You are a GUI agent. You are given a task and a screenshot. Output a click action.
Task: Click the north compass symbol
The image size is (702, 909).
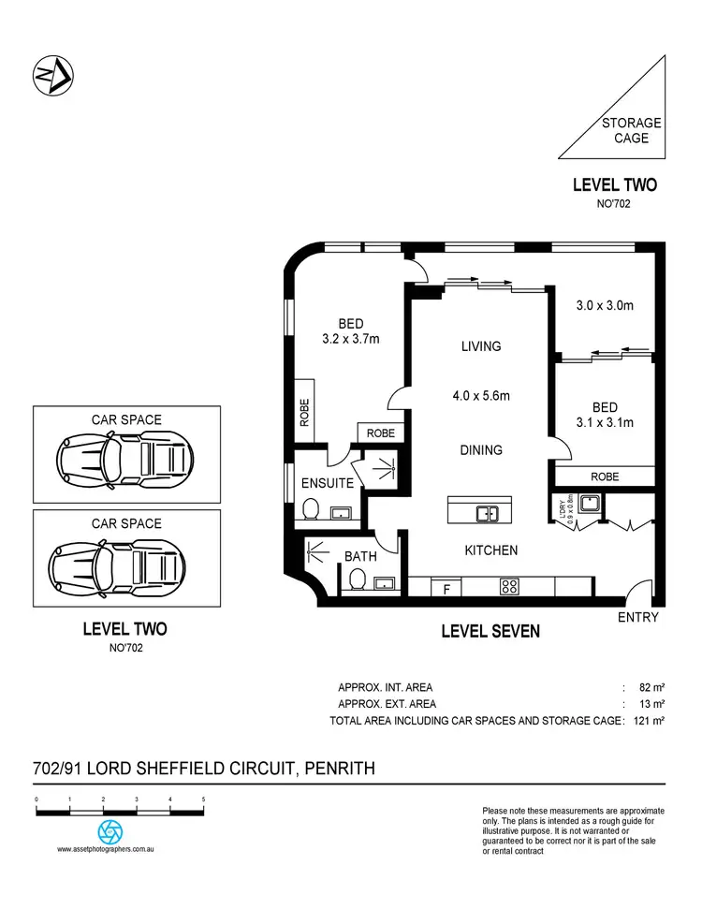coord(53,76)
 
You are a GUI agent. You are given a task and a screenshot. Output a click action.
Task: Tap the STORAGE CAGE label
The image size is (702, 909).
coord(631,130)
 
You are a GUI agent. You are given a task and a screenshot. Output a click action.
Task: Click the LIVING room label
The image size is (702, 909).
coord(481,346)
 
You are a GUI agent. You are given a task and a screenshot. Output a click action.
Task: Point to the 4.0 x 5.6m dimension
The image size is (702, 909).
coord(481,396)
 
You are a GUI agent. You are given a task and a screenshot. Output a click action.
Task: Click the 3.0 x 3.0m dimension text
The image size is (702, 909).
coord(604,304)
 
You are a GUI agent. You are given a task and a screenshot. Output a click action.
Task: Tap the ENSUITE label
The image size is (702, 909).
coord(327,484)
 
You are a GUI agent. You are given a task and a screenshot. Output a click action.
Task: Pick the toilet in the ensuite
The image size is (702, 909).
coord(314,510)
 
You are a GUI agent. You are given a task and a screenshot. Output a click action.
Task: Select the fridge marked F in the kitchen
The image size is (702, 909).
coord(446,588)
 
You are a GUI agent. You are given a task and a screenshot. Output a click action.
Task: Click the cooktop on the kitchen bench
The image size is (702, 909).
coord(510,588)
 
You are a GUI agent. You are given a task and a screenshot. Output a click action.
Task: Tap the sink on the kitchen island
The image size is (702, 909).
coord(487,513)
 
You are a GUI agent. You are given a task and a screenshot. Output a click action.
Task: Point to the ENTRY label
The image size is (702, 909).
coord(638,618)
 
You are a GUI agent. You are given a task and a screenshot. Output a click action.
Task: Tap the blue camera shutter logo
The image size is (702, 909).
coord(110,831)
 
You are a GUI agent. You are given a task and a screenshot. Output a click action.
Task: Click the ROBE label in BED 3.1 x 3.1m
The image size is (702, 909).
coord(604,476)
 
